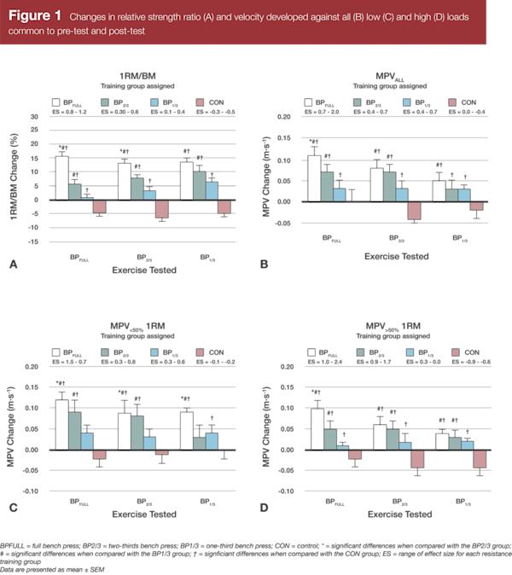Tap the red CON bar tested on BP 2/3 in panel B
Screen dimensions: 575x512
pos(415,210)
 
